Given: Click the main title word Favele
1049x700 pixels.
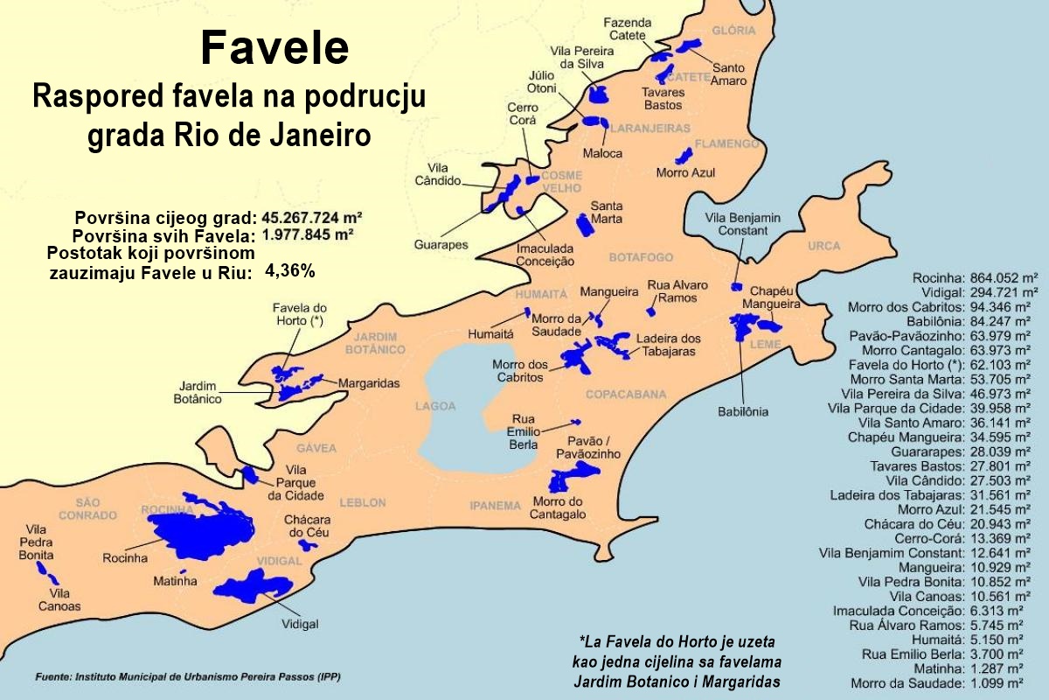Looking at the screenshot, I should tap(274, 48).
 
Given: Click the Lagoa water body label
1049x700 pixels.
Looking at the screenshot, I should tap(435, 406).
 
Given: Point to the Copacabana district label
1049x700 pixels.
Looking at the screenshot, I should tap(626, 395).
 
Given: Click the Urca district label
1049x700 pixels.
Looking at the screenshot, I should tap(824, 247).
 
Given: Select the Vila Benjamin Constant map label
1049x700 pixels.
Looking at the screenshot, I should tap(743, 224).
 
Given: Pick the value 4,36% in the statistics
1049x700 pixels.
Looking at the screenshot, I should tap(289, 271).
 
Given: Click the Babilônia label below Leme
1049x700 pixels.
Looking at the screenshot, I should tap(743, 410).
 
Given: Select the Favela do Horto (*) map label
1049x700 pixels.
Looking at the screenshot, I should tap(299, 315).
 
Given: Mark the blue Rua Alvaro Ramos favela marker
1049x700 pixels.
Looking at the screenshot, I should tap(650, 311).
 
